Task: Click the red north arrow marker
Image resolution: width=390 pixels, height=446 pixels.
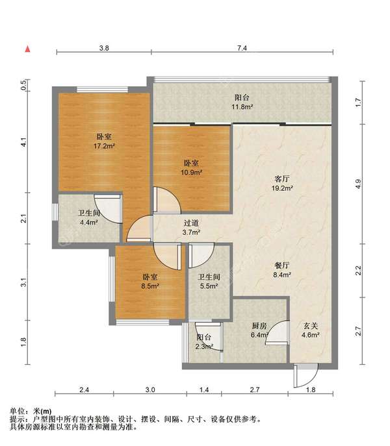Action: click(x=28, y=49)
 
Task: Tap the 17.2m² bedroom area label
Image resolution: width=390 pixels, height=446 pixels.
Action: click(x=104, y=146)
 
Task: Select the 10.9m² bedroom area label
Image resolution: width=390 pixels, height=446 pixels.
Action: click(x=192, y=173)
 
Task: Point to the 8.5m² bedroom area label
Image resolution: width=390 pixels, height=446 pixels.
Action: click(x=150, y=286)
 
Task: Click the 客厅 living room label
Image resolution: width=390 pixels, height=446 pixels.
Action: click(x=282, y=179)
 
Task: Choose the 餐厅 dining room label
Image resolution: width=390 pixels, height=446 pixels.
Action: click(x=282, y=266)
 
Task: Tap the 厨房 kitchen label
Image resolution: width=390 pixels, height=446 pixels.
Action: click(x=259, y=326)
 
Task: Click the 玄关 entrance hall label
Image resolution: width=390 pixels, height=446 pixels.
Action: click(x=311, y=326)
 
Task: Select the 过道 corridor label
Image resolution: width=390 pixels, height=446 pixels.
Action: click(x=191, y=223)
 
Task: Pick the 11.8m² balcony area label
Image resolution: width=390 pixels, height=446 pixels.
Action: click(x=242, y=107)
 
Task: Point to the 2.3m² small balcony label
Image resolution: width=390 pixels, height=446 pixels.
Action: click(x=204, y=347)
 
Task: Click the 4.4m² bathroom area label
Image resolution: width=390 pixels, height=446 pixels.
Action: click(x=89, y=223)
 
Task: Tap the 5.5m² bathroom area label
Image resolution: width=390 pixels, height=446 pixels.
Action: click(x=209, y=286)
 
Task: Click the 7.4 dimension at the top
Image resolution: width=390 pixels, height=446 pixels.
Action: click(x=242, y=48)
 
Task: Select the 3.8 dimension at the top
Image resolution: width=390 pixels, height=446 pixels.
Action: click(x=104, y=48)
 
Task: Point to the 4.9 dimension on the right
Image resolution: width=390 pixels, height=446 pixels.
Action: click(x=358, y=184)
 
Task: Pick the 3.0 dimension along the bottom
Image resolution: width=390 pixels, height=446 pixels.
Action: click(x=150, y=390)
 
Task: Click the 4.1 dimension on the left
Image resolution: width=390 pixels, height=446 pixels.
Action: click(x=23, y=142)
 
